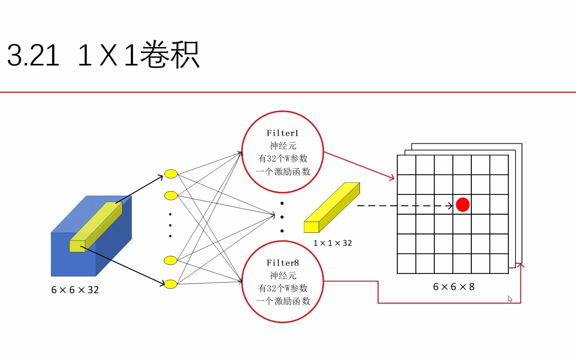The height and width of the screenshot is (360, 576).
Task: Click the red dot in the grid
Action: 462,205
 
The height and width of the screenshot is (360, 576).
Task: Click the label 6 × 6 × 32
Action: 75,290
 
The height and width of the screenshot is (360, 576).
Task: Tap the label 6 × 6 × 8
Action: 453,287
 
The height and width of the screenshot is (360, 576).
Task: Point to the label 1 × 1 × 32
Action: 332,243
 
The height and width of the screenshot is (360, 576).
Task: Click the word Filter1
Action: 282,133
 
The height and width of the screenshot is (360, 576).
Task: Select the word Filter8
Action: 282,263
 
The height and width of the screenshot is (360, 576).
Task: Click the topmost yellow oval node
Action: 171,174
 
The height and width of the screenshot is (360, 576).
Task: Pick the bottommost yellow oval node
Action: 170,284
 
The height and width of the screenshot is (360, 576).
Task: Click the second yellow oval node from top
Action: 171,196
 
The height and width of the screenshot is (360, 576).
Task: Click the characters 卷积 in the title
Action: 170,55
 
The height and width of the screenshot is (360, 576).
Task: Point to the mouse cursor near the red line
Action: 510,299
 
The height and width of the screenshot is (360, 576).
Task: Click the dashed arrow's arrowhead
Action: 450,206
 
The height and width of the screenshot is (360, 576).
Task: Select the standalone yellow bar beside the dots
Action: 332,208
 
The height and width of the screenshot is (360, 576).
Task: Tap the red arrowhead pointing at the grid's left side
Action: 392,178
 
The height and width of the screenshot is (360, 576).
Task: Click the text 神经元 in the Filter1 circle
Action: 283,146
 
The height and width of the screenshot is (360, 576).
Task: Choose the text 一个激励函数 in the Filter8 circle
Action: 283,301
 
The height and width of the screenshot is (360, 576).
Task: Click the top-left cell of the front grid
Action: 406,165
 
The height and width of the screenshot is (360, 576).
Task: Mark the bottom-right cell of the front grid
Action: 499,263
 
